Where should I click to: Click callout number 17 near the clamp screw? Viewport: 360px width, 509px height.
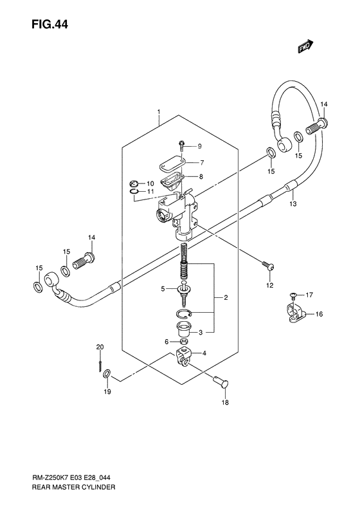click(x=309, y=295)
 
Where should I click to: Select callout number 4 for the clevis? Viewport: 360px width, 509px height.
click(x=204, y=353)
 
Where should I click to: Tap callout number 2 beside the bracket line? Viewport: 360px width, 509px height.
click(x=226, y=298)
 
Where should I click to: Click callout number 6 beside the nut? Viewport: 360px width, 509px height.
click(x=166, y=341)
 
